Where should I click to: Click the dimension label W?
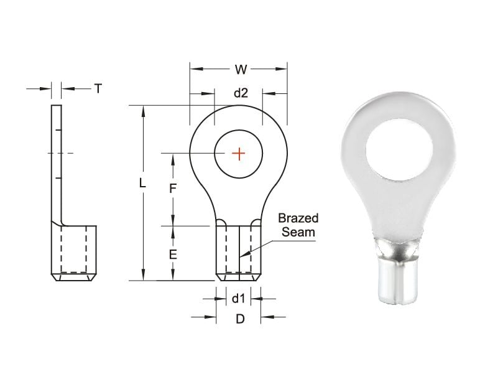tap(241, 69)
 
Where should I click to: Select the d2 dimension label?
tap(241, 93)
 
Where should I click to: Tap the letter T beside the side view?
tap(98, 88)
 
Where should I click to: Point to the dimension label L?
tap(142, 183)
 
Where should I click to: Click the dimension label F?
tap(172, 189)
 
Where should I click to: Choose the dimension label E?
tap(173, 255)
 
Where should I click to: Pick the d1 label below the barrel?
tap(239, 298)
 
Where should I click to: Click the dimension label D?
tap(240, 319)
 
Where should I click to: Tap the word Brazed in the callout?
tap(298, 218)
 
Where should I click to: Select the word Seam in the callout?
tap(298, 232)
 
